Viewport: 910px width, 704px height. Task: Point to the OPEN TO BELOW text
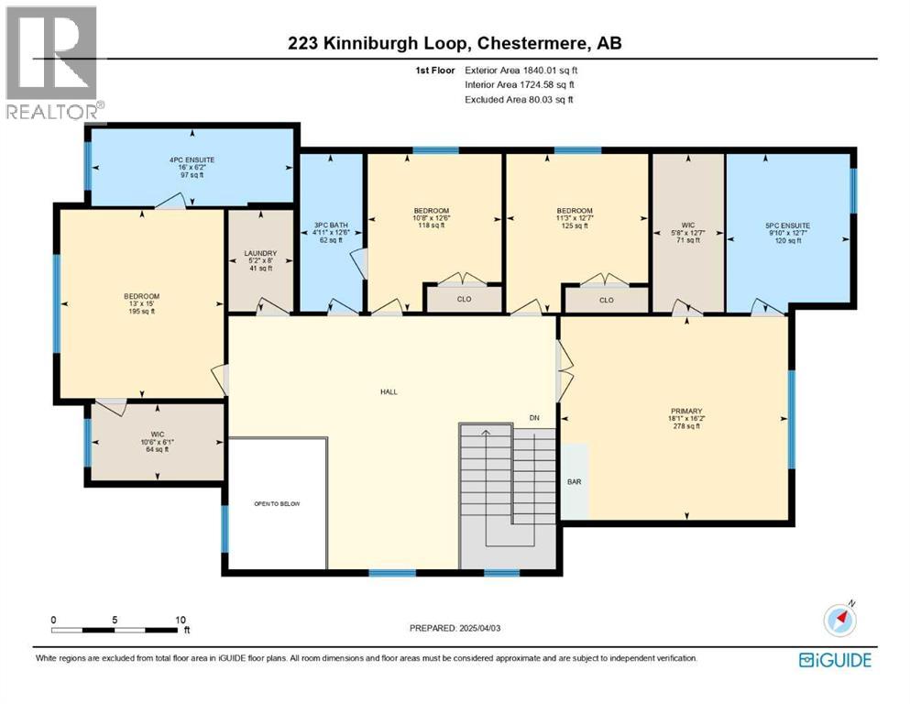277,504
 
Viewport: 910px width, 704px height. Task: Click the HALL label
389,391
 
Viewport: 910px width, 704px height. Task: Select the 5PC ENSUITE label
787,225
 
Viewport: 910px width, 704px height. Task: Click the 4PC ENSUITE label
191,159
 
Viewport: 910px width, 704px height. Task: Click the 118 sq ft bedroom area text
430,225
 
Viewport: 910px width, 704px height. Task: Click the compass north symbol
839,620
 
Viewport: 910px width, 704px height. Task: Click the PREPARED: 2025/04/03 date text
455,628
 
